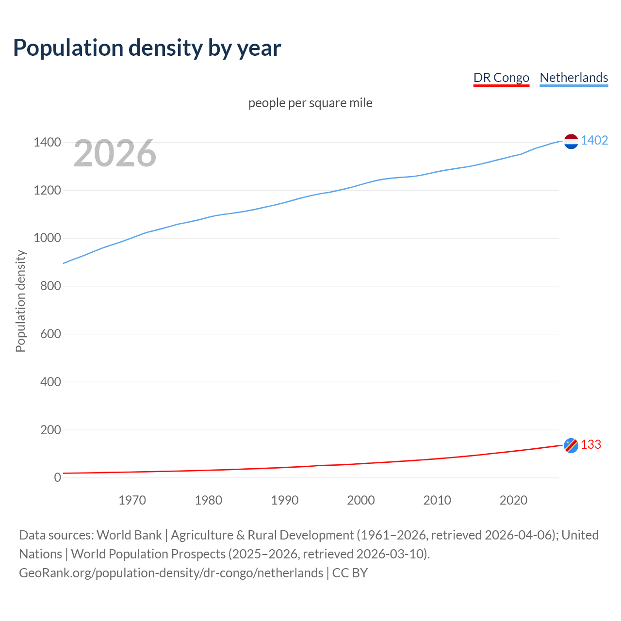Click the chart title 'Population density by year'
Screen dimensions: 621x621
[x=147, y=48]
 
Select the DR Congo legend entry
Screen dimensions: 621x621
[x=501, y=78]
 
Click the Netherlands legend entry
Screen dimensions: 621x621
[x=573, y=78]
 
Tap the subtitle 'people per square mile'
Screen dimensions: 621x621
[x=310, y=103]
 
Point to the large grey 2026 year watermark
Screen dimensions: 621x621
[x=115, y=153]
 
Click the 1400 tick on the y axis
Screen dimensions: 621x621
[x=47, y=142]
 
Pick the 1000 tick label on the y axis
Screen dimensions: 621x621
[x=47, y=238]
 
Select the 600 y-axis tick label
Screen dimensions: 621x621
[x=50, y=334]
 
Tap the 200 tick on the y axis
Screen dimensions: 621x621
[x=50, y=430]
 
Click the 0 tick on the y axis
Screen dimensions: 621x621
[x=58, y=477]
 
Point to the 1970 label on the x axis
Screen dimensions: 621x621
[x=132, y=500]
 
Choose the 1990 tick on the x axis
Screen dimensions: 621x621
[x=285, y=500]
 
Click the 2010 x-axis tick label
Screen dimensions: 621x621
[x=437, y=500]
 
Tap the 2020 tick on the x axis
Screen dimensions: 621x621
[x=513, y=500]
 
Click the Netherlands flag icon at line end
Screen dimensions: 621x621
[x=571, y=141]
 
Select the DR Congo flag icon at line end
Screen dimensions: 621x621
[x=571, y=445]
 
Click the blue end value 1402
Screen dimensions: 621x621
[x=594, y=140]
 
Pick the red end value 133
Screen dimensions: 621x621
[x=591, y=444]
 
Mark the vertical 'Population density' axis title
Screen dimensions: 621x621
[x=20, y=301]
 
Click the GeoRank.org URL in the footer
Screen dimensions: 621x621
[x=171, y=573]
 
